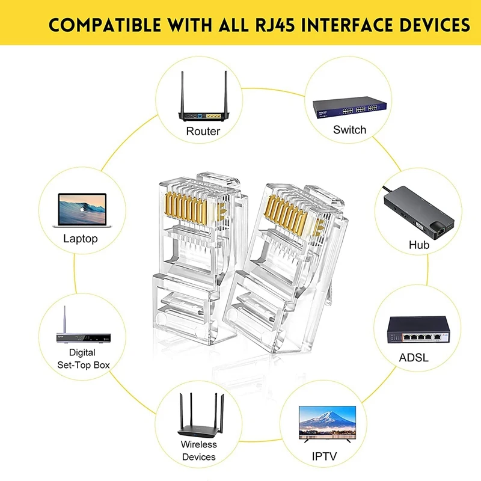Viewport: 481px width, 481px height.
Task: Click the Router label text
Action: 203,130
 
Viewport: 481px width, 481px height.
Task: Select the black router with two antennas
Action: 203,105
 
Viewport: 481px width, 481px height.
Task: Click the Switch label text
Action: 349,129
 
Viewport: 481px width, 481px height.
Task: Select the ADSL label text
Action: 414,358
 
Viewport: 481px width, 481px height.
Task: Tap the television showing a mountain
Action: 328,424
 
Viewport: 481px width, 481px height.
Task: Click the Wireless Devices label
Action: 198,450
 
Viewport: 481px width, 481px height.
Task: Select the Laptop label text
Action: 80,239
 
